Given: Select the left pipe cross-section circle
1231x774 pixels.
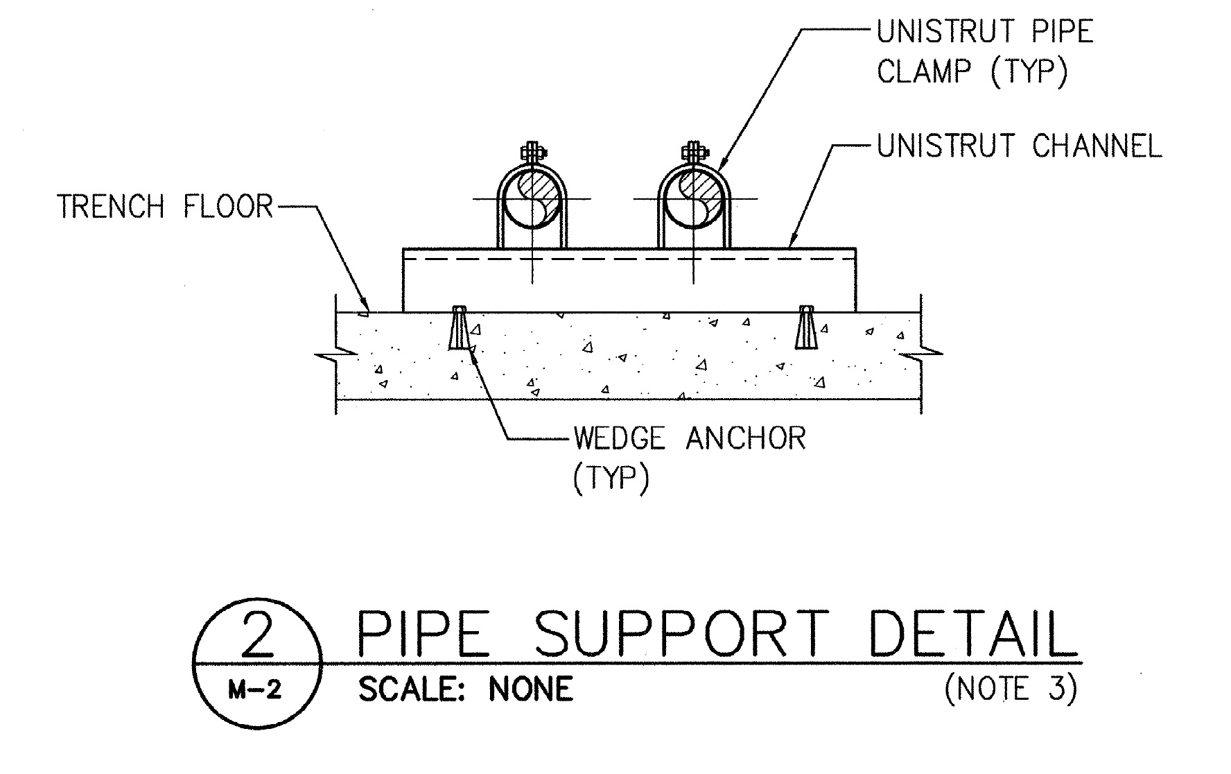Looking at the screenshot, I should (x=532, y=200).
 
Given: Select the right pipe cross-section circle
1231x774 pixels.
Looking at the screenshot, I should (x=692, y=200).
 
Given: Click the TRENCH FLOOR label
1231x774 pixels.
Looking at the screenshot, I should (x=165, y=207).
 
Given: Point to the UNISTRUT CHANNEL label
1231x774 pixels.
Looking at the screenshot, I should (x=1019, y=146).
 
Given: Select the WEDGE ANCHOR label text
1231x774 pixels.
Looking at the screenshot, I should (x=690, y=438).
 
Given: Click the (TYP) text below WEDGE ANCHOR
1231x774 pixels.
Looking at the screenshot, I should (x=611, y=479).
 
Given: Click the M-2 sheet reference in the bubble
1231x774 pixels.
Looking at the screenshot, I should (x=255, y=690).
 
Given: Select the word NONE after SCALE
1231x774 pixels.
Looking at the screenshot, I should (x=532, y=689).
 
